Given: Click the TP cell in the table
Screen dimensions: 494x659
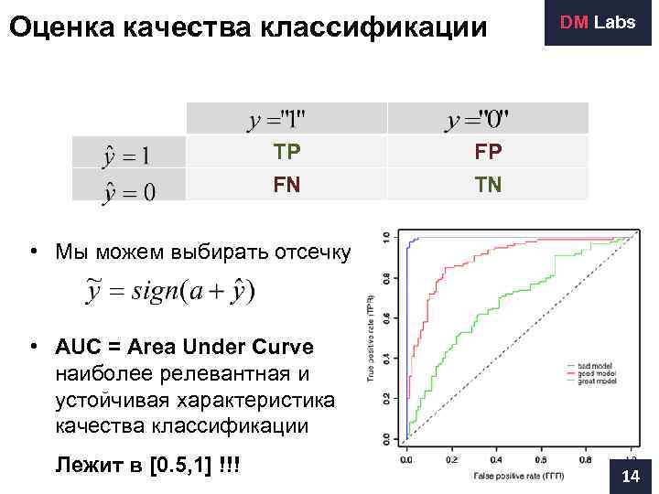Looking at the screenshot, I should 286,152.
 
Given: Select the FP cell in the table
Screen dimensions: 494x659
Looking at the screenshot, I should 488,152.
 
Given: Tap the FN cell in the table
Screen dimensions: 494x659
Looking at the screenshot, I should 286,185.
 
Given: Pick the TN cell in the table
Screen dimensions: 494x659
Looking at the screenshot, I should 488,185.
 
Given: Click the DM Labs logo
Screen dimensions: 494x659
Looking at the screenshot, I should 598,22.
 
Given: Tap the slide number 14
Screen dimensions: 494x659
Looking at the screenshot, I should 631,477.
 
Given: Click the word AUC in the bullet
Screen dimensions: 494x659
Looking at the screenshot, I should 75,349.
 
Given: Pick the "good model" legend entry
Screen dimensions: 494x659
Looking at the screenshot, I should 596,373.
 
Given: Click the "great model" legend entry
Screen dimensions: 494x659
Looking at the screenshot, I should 596,381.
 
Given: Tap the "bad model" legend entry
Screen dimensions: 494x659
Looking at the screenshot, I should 595,366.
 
